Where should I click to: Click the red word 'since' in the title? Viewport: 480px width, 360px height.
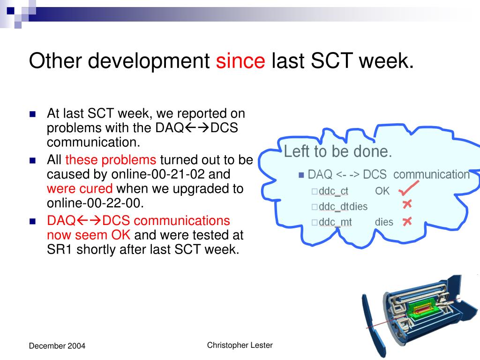pos(240,60)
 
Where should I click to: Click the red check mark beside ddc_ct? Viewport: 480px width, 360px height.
pos(409,188)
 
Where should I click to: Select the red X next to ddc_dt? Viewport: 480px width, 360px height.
pos(407,204)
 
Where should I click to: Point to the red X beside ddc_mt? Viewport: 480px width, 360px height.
pos(407,221)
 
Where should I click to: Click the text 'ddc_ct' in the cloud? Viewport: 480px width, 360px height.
pos(333,191)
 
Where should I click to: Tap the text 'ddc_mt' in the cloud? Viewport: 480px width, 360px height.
pos(335,222)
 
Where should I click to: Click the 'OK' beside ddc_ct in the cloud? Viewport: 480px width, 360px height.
pos(382,191)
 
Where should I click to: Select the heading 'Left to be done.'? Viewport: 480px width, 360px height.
pos(338,151)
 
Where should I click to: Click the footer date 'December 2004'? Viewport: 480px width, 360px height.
pos(57,346)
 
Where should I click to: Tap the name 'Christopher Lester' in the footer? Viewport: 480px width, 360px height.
pos(240,345)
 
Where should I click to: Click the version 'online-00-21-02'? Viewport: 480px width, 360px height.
pos(158,174)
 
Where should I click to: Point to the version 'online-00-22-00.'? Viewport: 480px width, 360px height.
pos(95,203)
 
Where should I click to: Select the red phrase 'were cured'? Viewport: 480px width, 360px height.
pos(80,188)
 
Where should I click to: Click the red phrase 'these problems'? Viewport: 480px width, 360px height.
pos(111,160)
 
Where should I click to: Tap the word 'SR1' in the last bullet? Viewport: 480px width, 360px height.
pos(59,249)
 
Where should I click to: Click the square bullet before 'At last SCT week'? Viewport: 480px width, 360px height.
pos(33,114)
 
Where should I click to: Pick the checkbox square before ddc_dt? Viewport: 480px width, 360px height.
pos(315,207)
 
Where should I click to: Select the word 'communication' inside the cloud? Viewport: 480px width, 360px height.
pos(431,174)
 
